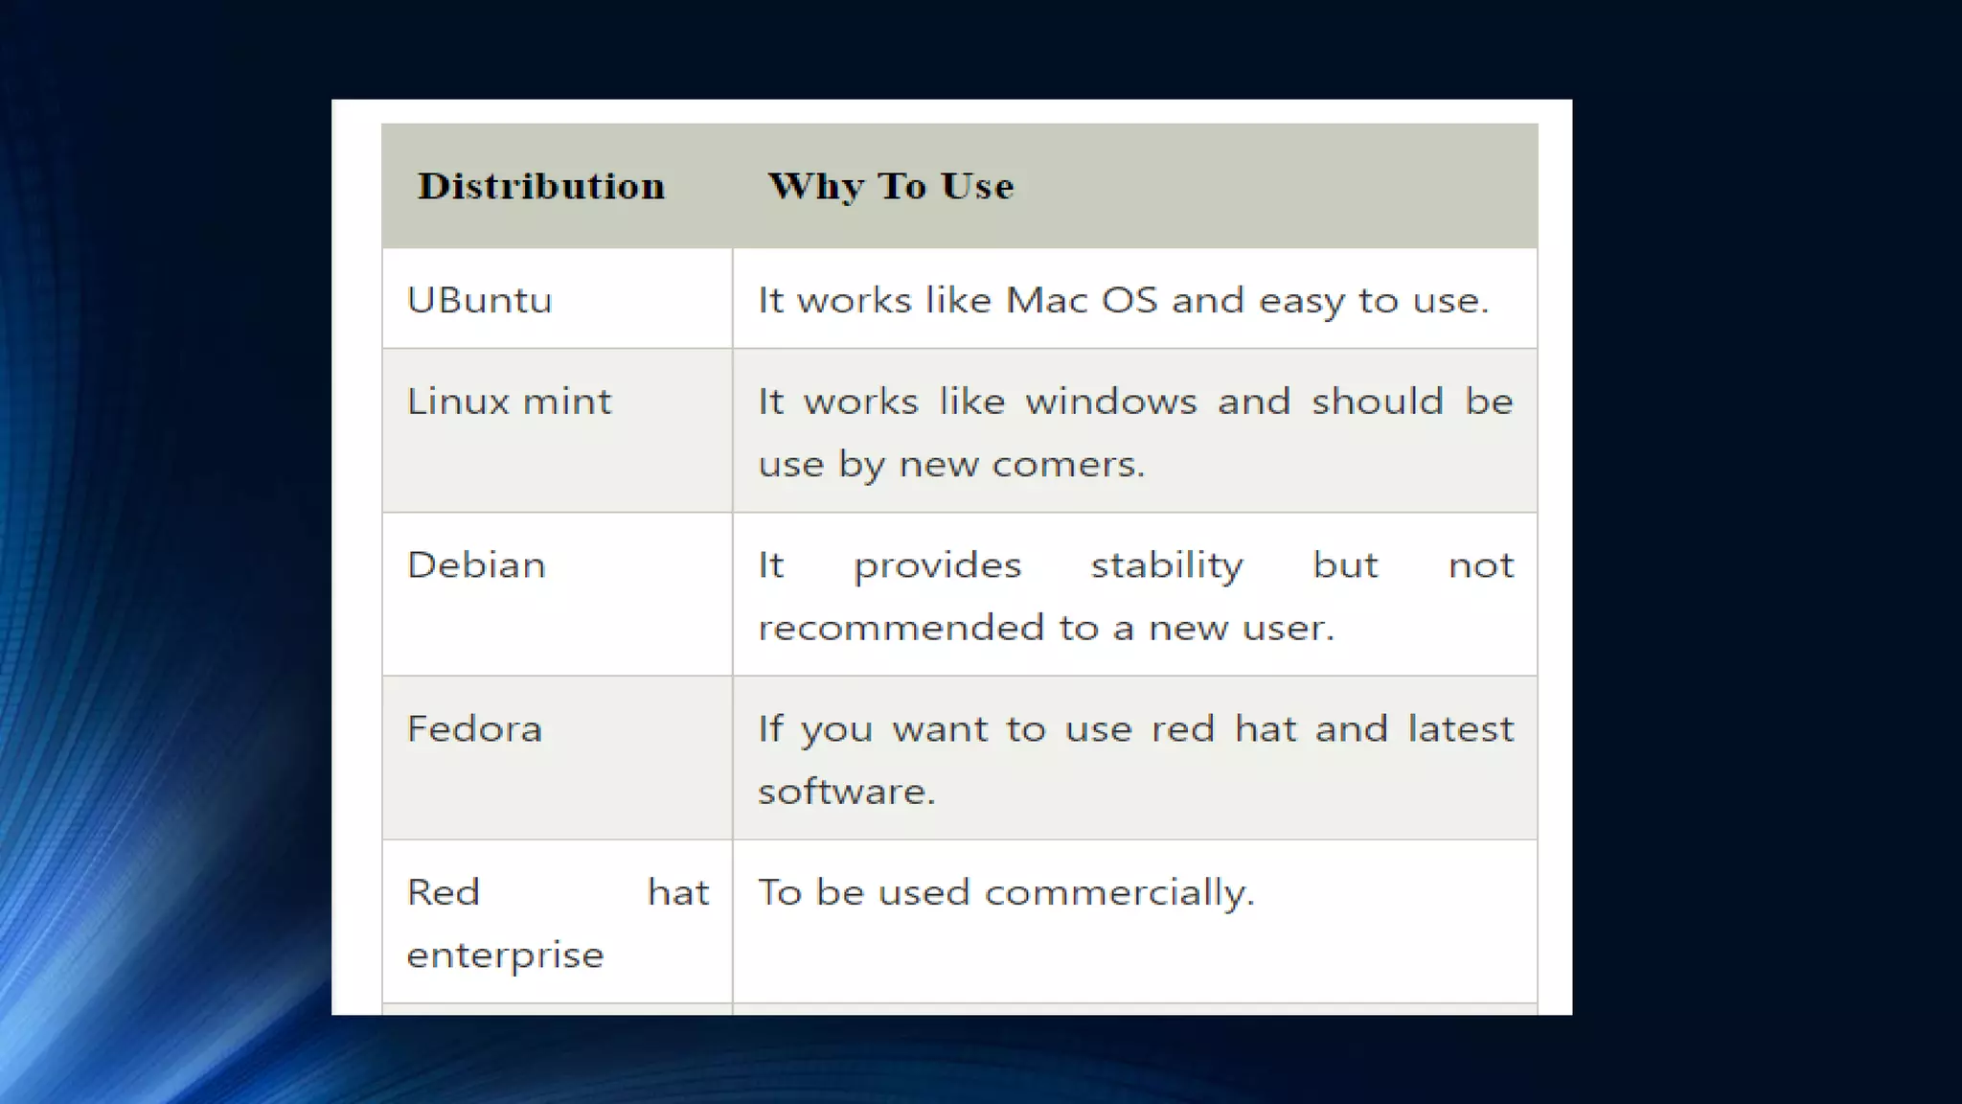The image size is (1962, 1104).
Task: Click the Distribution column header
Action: tap(541, 186)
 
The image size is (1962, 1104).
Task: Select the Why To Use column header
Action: tap(890, 186)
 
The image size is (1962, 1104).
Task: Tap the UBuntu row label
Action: tap(479, 301)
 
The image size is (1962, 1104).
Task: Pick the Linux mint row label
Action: tap(509, 402)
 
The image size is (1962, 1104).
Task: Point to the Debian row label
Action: tap(476, 565)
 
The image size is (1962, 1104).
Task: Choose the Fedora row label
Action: tap(474, 729)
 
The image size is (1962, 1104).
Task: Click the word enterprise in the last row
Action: tap(505, 955)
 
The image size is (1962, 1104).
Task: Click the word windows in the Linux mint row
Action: tap(1111, 402)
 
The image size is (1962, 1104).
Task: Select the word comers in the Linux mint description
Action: tap(1067, 465)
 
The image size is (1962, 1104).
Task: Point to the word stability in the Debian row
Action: tap(1167, 565)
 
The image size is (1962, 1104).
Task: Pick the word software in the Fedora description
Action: tap(845, 792)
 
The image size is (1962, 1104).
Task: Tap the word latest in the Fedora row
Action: tap(1461, 729)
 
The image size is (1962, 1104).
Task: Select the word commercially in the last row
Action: tap(1119, 893)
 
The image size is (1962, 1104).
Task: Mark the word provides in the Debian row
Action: tap(937, 565)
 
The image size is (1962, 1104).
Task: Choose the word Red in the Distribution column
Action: tap(443, 893)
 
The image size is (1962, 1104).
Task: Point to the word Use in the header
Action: tap(977, 186)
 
